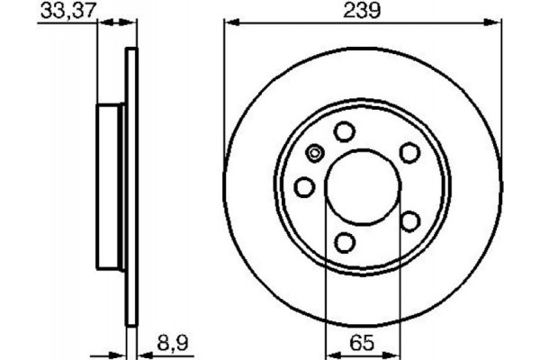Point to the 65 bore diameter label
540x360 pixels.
click(x=360, y=342)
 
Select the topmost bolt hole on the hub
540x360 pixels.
click(x=344, y=132)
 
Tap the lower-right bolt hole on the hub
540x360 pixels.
click(x=410, y=220)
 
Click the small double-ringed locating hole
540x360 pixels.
click(x=314, y=153)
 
